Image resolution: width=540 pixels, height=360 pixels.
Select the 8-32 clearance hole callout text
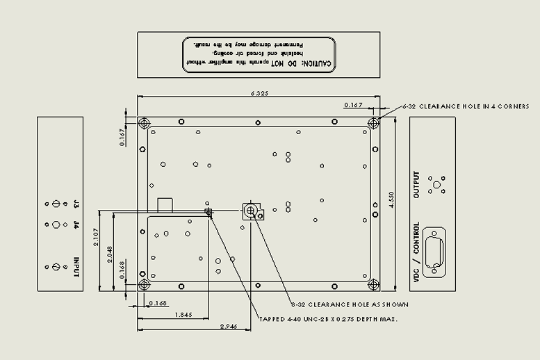(x=350, y=304)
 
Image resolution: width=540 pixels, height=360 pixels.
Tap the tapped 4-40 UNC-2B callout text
(x=328, y=319)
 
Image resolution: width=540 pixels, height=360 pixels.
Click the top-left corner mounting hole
(x=144, y=124)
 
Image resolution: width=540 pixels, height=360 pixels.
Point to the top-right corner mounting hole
(x=373, y=124)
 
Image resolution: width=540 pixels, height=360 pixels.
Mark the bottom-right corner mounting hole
(x=373, y=284)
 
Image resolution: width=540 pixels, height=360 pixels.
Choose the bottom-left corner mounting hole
(x=144, y=284)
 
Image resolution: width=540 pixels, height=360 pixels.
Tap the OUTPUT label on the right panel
(x=417, y=185)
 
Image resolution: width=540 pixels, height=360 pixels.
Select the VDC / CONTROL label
(x=417, y=252)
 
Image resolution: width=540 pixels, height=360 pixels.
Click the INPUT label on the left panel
(x=76, y=268)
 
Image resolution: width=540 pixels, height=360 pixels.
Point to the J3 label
(x=76, y=204)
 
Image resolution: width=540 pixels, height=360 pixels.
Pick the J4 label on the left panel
(x=76, y=224)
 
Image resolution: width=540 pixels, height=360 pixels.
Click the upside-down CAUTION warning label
(x=259, y=54)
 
